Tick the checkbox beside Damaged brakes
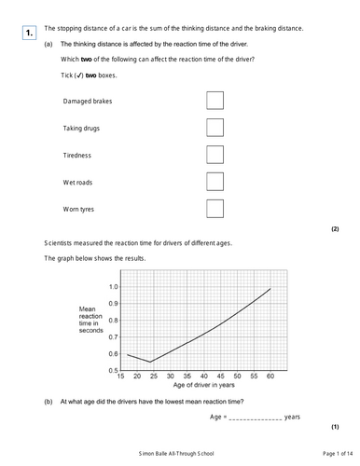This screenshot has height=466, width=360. [x=214, y=100]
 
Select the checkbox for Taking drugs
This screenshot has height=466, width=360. [x=214, y=127]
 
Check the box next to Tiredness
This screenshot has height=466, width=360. [x=214, y=154]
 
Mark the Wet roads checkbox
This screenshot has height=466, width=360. [x=214, y=181]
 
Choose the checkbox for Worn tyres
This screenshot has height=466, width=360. [x=214, y=208]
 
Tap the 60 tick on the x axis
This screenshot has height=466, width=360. [x=270, y=376]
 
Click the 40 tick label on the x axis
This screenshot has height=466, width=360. [x=205, y=376]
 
